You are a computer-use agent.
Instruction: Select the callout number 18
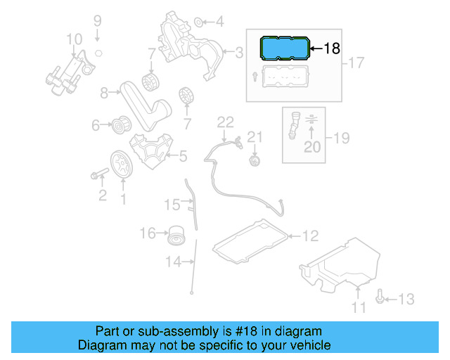(x=332, y=49)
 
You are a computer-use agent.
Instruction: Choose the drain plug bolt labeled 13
(x=380, y=299)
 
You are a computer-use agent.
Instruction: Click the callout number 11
(x=359, y=307)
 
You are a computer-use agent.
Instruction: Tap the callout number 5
(x=182, y=157)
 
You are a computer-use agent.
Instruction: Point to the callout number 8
(x=104, y=92)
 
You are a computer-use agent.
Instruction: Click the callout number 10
(x=74, y=39)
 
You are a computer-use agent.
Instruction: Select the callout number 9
(x=98, y=20)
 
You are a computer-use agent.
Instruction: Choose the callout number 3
(x=238, y=51)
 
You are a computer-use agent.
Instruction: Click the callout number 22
(x=224, y=122)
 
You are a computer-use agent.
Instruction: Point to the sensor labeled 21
(x=255, y=161)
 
